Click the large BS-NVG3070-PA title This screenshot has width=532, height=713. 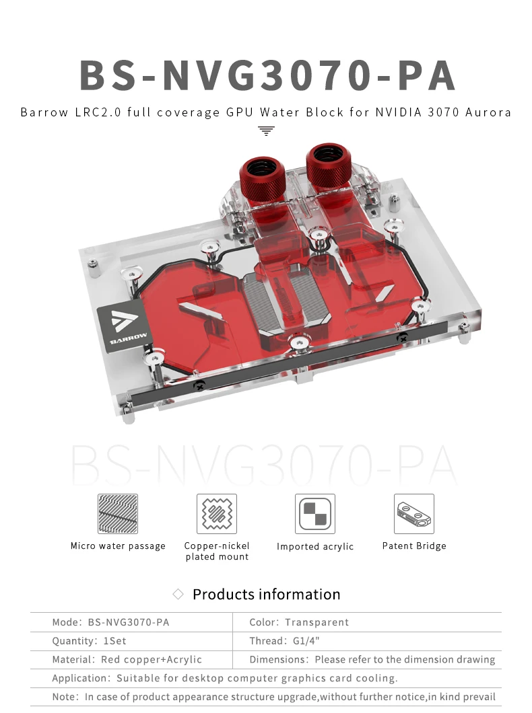[267, 75]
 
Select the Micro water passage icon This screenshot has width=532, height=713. [117, 514]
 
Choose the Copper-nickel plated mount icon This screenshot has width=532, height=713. [217, 514]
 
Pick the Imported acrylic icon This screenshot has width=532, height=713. [315, 514]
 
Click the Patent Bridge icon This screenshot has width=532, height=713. [414, 514]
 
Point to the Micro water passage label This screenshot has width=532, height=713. [118, 546]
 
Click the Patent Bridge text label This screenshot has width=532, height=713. [414, 546]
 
